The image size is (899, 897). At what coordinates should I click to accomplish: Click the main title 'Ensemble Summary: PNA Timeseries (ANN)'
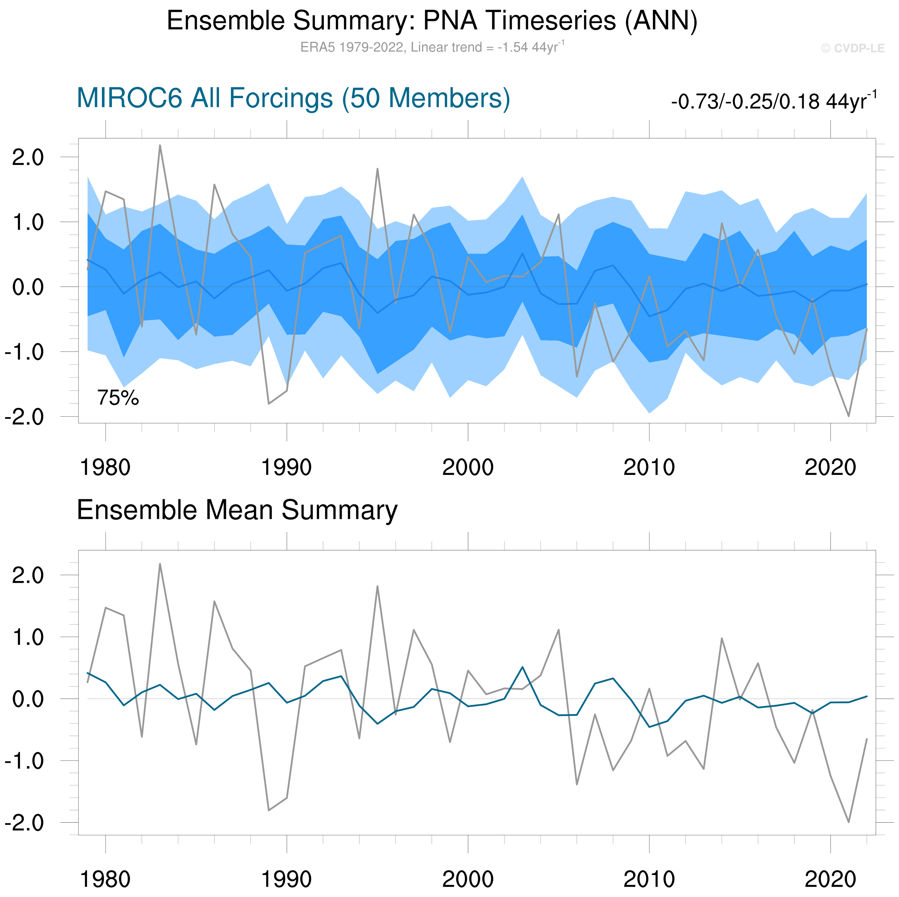(x=432, y=21)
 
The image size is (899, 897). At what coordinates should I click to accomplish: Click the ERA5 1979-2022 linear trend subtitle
(x=432, y=48)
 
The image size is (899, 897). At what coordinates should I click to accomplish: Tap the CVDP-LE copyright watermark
(x=852, y=48)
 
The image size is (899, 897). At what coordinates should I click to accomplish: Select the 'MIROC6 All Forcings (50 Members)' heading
(x=293, y=98)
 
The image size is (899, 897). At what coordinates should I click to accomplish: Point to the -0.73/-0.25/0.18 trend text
(x=773, y=101)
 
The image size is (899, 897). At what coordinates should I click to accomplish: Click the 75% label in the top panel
(x=118, y=398)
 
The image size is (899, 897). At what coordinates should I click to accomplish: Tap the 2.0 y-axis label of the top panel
(x=28, y=157)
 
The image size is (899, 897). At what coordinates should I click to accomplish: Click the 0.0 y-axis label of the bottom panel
(x=28, y=699)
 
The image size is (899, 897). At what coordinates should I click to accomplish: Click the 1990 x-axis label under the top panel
(x=286, y=467)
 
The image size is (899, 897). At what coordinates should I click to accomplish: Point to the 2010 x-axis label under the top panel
(x=649, y=467)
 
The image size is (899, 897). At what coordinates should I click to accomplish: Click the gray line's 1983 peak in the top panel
(x=160, y=145)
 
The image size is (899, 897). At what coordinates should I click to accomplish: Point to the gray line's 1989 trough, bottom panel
(x=268, y=810)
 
